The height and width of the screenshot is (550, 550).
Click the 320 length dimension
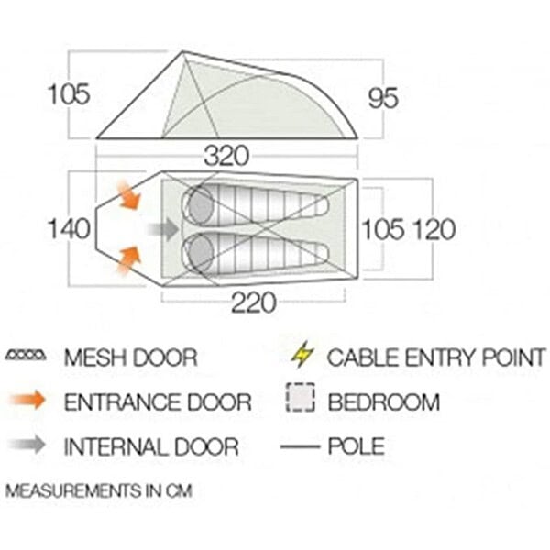pos(226,156)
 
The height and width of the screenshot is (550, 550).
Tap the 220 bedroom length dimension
pos(254,302)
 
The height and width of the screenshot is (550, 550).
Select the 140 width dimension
pos(69,228)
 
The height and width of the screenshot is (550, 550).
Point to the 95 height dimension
pos(383,98)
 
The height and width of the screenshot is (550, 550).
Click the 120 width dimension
pos(434,230)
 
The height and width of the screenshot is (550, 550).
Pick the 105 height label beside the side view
pos(69,94)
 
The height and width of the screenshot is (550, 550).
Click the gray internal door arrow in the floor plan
pos(163,229)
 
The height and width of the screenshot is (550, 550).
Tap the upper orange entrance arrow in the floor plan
pos(129,194)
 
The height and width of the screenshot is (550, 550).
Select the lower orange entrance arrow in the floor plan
pos(129,260)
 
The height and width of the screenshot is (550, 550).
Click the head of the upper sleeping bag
pos(200,205)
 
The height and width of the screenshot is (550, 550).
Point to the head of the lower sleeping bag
pos(200,253)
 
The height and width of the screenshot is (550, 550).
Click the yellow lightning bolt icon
pos(302,355)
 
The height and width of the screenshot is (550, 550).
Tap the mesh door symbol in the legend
pos(26,356)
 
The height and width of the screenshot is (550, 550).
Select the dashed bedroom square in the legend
pos(301,398)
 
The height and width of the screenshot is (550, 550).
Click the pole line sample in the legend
pos(301,446)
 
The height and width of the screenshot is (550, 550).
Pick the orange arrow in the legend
pos(27,400)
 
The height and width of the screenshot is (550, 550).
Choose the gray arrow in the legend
pos(27,445)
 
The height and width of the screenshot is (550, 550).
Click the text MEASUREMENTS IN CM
pos(99,490)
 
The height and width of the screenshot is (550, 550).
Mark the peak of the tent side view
pos(182,52)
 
